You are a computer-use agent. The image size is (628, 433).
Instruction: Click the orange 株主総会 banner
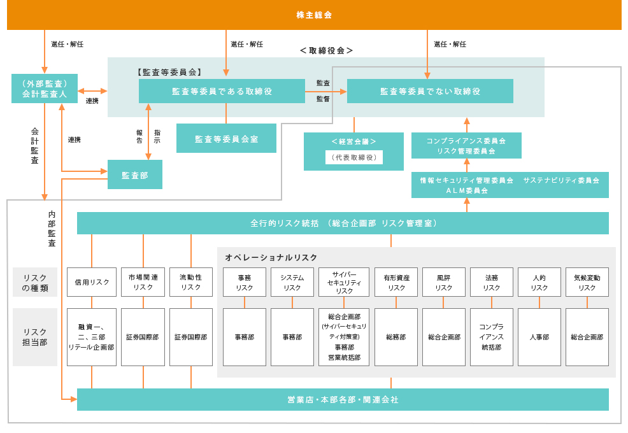[314, 15]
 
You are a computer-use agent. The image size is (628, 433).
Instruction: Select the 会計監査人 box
[45, 89]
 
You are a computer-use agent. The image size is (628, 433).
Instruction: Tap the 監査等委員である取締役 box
[222, 91]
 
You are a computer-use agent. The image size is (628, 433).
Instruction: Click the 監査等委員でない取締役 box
[430, 91]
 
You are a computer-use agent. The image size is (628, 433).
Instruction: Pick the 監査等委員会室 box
[226, 138]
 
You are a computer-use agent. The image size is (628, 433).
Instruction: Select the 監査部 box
[134, 174]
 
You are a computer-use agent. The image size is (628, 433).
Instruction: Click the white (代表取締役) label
[353, 157]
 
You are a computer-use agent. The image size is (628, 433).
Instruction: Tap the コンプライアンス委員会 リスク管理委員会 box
[466, 146]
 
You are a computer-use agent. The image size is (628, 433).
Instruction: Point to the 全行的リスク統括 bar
[343, 223]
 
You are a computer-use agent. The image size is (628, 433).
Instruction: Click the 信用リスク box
[92, 282]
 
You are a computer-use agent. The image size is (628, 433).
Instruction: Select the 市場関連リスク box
[143, 282]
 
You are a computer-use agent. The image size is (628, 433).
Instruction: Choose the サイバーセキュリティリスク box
[344, 282]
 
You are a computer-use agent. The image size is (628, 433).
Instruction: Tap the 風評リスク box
[444, 282]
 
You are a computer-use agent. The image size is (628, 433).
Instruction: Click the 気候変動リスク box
[587, 282]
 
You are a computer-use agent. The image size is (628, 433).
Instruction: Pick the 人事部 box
[539, 337]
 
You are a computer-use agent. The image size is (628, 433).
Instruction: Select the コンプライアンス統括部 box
[491, 337]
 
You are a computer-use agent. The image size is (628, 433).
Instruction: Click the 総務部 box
[396, 337]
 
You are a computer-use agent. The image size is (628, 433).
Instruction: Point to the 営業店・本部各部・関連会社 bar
[343, 399]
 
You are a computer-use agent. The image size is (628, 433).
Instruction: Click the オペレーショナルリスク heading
[271, 257]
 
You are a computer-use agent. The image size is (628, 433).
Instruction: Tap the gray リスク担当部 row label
[35, 337]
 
